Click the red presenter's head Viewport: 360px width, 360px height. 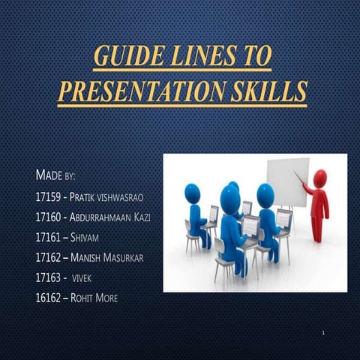click(x=320, y=178)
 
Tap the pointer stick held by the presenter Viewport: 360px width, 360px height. click(x=300, y=177)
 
